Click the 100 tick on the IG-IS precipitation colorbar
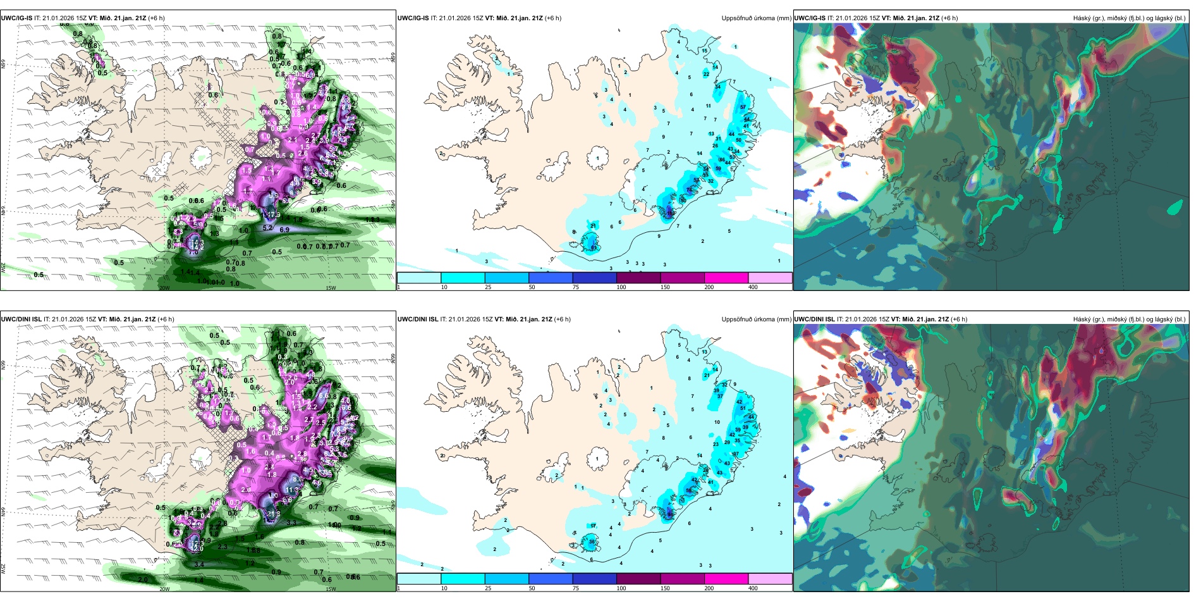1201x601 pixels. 621,287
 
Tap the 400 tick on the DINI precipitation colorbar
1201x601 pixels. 753,588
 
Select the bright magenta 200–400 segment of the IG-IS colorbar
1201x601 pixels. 726,278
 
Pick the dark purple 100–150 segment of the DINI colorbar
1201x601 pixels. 638,579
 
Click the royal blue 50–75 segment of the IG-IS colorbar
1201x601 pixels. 550,278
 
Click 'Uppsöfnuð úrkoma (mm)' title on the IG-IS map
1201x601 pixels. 756,18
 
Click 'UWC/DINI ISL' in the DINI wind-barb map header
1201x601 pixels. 21,319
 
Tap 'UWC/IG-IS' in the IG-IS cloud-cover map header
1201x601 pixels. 810,18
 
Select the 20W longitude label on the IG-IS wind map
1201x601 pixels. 164,288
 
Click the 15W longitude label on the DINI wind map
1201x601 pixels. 331,589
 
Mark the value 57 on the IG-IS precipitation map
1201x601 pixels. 743,108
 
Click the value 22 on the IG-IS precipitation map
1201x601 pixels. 707,74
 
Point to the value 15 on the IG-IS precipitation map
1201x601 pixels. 705,51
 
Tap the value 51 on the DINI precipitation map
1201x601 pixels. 743,409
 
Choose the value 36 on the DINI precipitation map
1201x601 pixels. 592,542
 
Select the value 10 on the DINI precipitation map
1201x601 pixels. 717,422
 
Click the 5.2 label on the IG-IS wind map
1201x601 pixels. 267,228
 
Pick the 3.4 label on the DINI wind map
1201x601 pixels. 199,564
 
